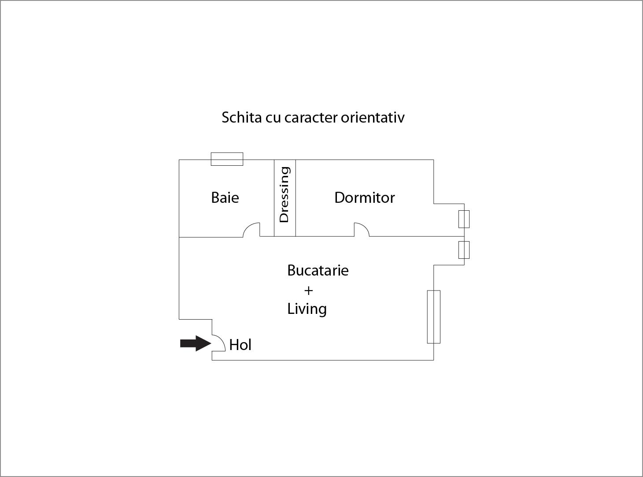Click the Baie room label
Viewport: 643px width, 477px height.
coord(225,198)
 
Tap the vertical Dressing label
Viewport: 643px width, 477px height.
coord(285,194)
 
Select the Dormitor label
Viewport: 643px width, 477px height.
coord(364,198)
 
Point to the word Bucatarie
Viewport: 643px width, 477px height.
coord(318,270)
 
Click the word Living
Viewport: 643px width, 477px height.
coord(307,309)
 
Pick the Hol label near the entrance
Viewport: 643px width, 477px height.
coord(240,345)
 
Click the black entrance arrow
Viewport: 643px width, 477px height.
coord(196,343)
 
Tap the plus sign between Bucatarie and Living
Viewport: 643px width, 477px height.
coord(309,291)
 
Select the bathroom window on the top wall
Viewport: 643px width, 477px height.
coord(227,159)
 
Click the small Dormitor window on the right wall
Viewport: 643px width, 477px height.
coord(464,219)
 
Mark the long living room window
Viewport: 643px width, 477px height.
coord(434,317)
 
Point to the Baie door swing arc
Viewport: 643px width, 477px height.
coord(251,230)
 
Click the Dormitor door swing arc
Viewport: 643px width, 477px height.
coord(362,229)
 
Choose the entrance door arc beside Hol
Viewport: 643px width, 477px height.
coord(219,343)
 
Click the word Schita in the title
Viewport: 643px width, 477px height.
coord(242,118)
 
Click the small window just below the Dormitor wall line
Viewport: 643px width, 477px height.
coord(464,250)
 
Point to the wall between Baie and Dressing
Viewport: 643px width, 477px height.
coord(274,198)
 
